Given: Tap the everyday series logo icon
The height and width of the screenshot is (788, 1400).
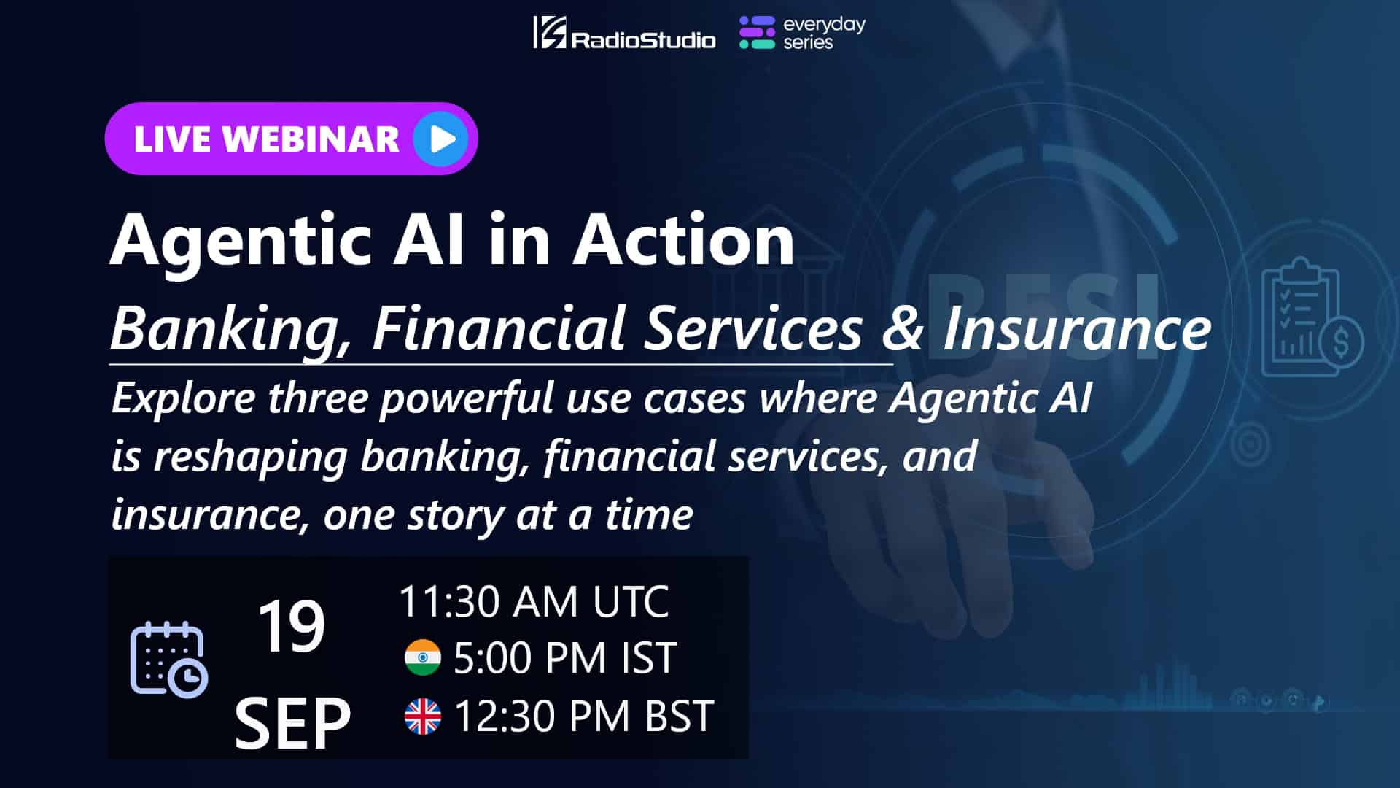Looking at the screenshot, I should pos(757,33).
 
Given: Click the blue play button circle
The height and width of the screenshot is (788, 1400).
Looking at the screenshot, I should pos(441,139).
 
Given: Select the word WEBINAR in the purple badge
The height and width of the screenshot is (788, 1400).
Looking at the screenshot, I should pos(311,139).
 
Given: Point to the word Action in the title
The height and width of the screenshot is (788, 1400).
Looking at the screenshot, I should pos(683,239).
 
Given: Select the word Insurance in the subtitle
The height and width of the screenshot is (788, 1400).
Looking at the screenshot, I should pos(1077,328).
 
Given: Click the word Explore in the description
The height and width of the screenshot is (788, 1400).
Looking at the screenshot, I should pos(184,398).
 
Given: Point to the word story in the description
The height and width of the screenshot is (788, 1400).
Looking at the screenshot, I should pos(454,515).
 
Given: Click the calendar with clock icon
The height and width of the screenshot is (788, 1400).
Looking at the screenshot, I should pos(169,659).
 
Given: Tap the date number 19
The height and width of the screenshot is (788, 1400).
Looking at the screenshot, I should pos(291,627).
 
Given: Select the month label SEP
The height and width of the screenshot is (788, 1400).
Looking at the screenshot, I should pos(292,723).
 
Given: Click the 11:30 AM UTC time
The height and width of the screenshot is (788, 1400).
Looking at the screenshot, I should pos(534,601).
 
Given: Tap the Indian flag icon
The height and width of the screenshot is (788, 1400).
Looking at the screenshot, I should pos(423,657).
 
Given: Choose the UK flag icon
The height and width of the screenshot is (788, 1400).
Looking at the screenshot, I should pos(423,716).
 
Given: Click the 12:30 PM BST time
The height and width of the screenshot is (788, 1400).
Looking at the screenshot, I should pos(583,716).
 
